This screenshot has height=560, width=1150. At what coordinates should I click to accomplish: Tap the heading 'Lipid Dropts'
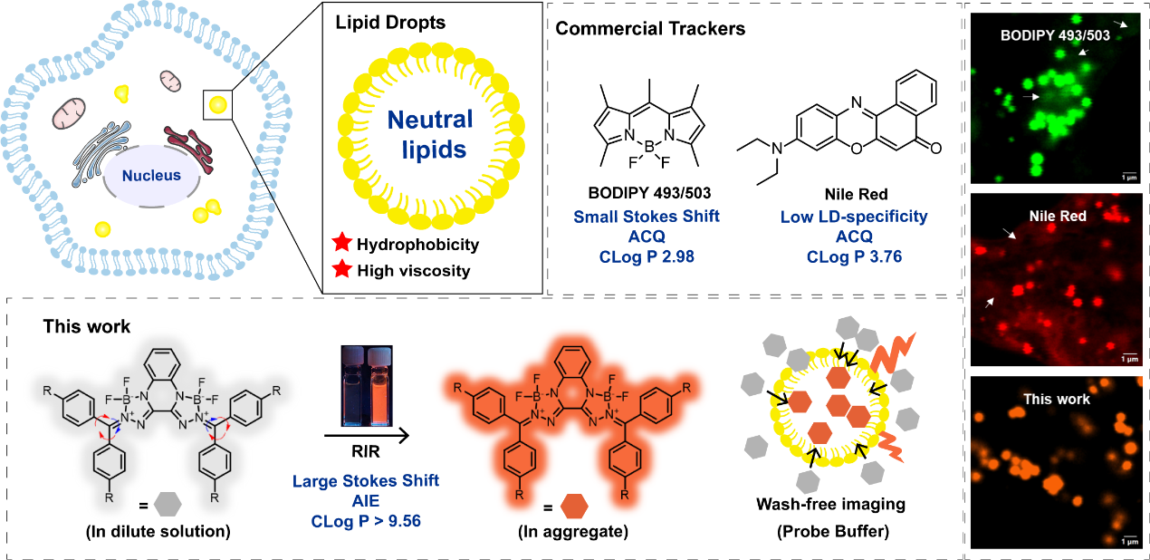coord(381,26)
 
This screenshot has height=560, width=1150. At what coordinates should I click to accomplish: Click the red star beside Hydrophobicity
coord(341,245)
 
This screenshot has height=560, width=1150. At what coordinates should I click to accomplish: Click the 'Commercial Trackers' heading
coord(649,28)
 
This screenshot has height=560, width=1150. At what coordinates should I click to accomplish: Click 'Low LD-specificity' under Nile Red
coord(854,216)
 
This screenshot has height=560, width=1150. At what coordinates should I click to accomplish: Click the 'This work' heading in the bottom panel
coord(87,325)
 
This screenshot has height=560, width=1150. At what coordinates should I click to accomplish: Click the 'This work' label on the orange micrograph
coord(1055,399)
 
